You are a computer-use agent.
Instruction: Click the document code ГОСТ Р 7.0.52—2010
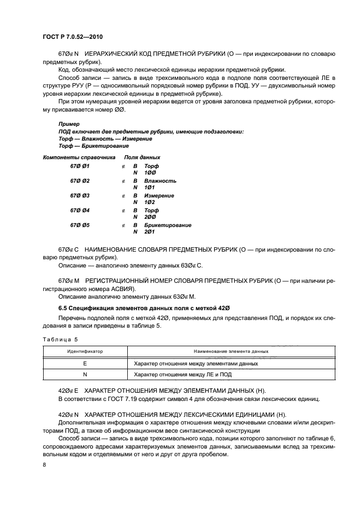[x=73, y=37]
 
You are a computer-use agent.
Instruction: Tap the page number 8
[x=44, y=465]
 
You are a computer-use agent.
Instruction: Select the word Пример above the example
[x=68, y=124]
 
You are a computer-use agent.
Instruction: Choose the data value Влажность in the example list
[x=160, y=181]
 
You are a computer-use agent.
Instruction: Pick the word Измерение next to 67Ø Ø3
[x=159, y=195]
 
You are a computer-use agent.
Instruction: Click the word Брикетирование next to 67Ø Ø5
[x=168, y=225]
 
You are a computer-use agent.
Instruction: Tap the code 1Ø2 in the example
[x=150, y=202]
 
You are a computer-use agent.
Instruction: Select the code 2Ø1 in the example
[x=150, y=232]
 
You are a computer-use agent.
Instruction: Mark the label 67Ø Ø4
[x=80, y=210]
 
